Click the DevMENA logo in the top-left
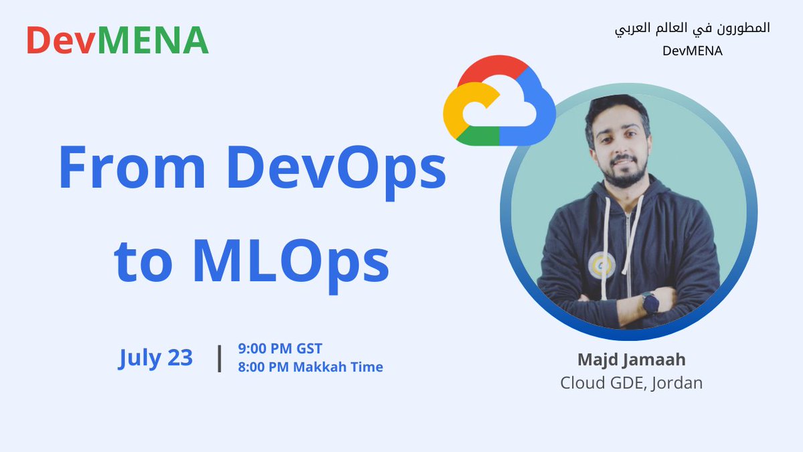(117, 40)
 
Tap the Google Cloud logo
(499, 100)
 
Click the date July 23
(155, 358)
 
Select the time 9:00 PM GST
(280, 348)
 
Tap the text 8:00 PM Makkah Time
(310, 367)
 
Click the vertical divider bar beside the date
(219, 358)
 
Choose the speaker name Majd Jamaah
(631, 360)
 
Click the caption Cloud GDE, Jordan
(631, 384)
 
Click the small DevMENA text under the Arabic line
(693, 50)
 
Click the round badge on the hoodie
(598, 267)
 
